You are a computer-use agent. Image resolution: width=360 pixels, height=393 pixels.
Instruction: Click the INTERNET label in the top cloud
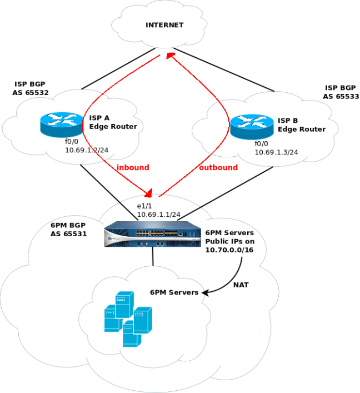(x=164, y=25)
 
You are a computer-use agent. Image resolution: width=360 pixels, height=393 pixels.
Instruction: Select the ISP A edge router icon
(x=62, y=124)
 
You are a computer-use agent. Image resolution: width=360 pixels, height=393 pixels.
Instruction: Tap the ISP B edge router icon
(x=252, y=126)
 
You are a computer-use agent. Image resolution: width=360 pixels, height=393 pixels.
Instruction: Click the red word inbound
(x=133, y=167)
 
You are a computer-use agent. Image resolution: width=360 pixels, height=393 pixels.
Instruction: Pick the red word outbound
(x=218, y=167)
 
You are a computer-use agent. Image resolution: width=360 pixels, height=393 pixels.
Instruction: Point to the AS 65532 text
(x=31, y=93)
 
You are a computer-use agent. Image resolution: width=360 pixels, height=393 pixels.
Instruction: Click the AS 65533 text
(x=341, y=96)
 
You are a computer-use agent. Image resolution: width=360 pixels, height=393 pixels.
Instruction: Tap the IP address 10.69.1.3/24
(x=276, y=152)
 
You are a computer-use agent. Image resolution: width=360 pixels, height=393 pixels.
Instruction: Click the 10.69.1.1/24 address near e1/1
(x=159, y=214)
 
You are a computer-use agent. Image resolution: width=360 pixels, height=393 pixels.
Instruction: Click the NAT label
(x=241, y=285)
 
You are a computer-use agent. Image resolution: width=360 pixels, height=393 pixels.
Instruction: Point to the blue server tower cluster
(x=127, y=320)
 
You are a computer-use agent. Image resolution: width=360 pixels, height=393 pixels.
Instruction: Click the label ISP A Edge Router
(x=113, y=122)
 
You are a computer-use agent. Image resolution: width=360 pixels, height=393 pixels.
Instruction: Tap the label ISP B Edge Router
(x=302, y=125)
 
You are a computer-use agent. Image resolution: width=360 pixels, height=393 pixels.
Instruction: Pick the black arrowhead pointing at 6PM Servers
(x=205, y=292)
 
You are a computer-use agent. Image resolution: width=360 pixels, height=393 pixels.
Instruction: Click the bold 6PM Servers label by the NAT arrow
(x=174, y=292)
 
